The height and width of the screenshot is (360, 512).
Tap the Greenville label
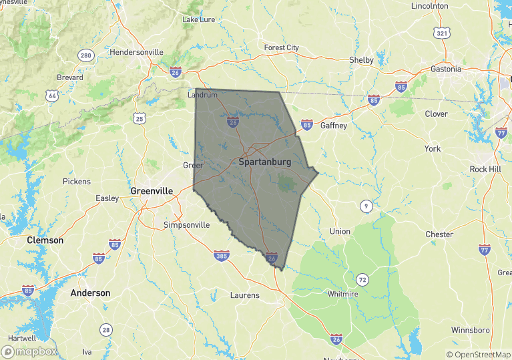[x=152, y=191]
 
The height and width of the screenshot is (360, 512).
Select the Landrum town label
[x=202, y=95]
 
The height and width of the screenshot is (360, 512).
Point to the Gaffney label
[x=334, y=126]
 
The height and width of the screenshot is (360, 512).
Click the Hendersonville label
[x=136, y=52]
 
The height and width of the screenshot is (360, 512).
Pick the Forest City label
[x=282, y=48]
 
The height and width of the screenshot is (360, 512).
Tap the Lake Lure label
[x=199, y=19]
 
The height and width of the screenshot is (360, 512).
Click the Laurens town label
[x=244, y=295]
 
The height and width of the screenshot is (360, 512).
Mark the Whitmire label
[x=343, y=294]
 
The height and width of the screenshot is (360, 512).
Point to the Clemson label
[x=45, y=240]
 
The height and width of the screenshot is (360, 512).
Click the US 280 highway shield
[x=85, y=55]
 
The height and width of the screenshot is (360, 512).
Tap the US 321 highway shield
[x=441, y=33]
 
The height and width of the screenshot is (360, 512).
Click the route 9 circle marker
[x=366, y=206]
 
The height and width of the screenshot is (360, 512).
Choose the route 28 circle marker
[x=106, y=329]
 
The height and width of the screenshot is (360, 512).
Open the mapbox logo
[x=29, y=351]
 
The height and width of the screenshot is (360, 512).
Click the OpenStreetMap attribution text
[x=479, y=355]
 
